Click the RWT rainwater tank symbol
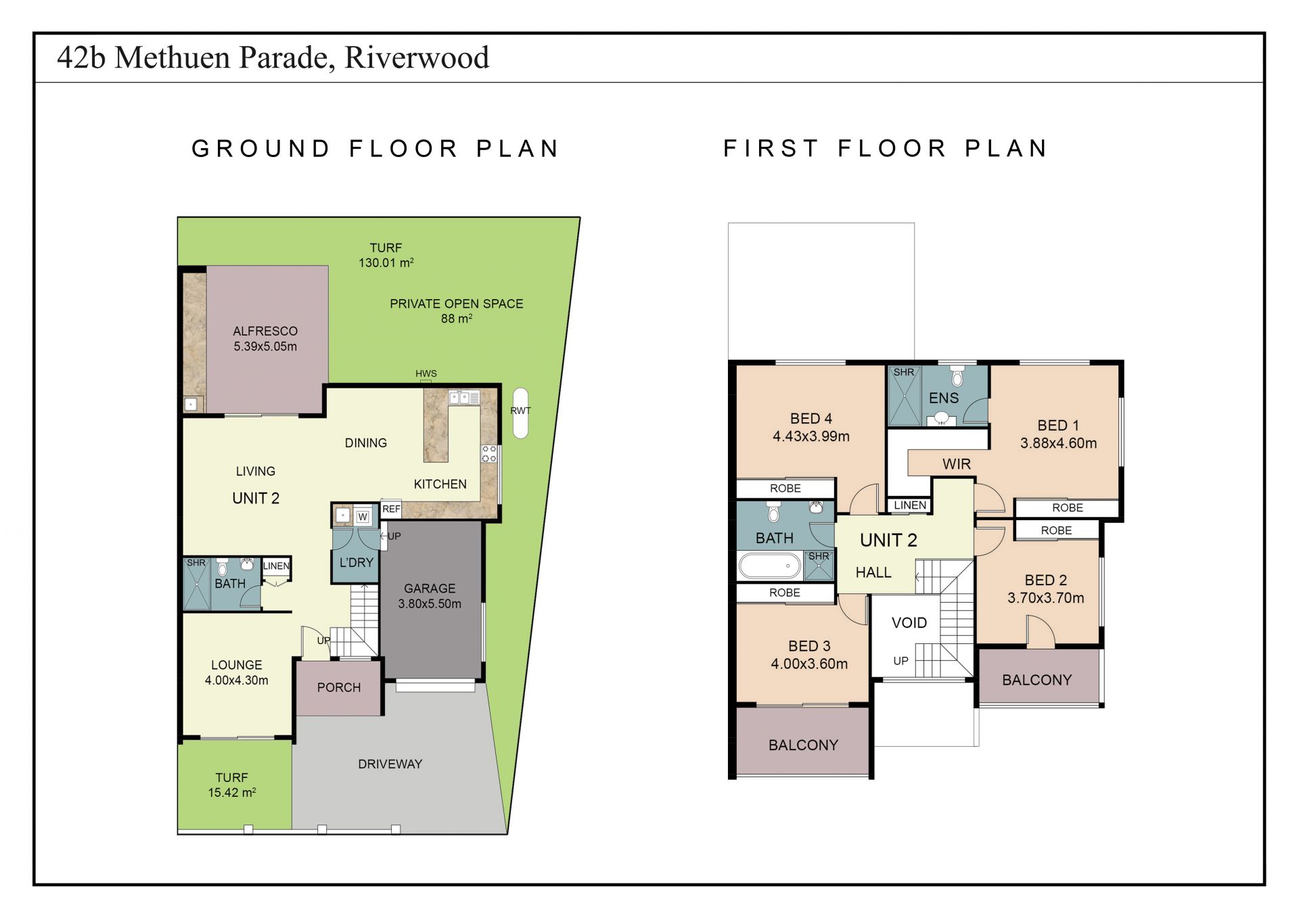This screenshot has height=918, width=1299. (520, 413)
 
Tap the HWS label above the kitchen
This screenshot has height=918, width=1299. (426, 373)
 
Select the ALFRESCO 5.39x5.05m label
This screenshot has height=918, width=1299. (265, 338)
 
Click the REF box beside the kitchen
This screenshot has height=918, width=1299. (391, 509)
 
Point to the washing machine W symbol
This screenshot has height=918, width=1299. (363, 517)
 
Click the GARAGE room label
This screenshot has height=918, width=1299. (430, 589)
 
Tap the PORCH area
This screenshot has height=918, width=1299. (339, 687)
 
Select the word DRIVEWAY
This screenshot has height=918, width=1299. (390, 764)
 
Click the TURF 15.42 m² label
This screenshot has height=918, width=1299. (232, 785)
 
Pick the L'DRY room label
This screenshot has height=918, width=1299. (357, 562)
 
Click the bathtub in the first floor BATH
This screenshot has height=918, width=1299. (770, 566)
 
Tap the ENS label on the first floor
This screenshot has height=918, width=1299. (944, 398)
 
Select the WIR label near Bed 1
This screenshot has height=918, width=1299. (957, 464)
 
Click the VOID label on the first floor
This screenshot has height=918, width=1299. (909, 622)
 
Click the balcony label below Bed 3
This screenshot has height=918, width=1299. (803, 745)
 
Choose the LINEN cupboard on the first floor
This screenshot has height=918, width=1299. (910, 505)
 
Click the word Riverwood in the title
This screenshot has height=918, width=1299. (417, 58)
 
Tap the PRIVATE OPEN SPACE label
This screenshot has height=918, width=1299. (457, 304)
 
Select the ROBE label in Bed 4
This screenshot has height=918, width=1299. (785, 488)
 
